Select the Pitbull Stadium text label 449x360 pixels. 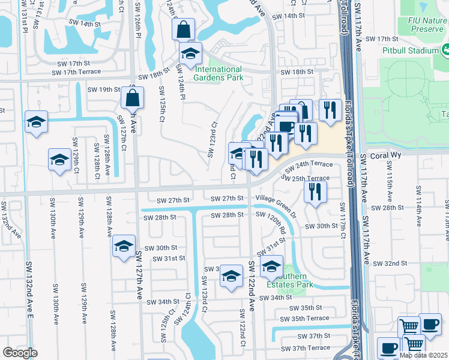pyautogui.click(x=411, y=50)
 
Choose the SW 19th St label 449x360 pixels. pyautogui.click(x=104, y=89)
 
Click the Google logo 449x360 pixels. pyautogui.click(x=20, y=353)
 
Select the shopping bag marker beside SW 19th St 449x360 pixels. pyautogui.click(x=133, y=97)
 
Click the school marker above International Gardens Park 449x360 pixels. pyautogui.click(x=190, y=54)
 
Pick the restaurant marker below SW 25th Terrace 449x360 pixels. pyautogui.click(x=314, y=191)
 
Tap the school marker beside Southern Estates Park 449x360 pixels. pyautogui.click(x=271, y=266)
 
